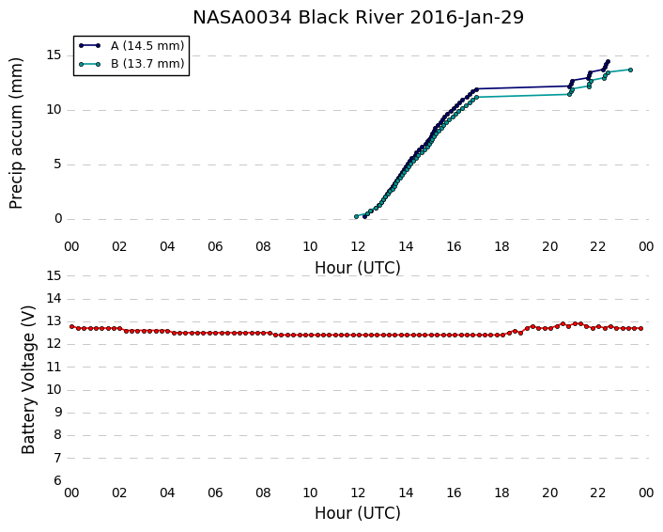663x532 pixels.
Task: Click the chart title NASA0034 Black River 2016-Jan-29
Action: click(x=358, y=18)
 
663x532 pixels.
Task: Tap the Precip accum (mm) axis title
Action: click(x=16, y=133)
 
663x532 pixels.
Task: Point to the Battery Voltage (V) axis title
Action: click(x=28, y=380)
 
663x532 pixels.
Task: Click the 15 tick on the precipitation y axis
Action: click(x=54, y=55)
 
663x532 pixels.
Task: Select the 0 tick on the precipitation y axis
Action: click(x=58, y=219)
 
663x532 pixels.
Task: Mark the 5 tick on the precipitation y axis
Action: click(x=58, y=164)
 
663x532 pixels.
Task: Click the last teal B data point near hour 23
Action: click(x=630, y=70)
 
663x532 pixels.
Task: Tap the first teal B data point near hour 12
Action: click(x=356, y=217)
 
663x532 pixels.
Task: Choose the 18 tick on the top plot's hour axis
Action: click(x=501, y=246)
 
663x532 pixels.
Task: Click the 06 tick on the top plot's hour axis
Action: click(x=215, y=246)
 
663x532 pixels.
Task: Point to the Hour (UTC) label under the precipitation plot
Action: click(x=358, y=268)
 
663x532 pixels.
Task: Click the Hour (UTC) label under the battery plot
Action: click(x=358, y=513)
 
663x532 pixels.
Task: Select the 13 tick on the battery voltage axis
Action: click(x=54, y=321)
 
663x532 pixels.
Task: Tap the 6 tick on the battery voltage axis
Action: click(x=58, y=481)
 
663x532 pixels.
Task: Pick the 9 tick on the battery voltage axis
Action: click(x=58, y=413)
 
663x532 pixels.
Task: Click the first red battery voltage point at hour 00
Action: click(x=72, y=326)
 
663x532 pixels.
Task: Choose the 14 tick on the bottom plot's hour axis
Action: click(x=406, y=493)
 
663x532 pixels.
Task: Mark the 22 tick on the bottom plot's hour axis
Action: click(x=598, y=493)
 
